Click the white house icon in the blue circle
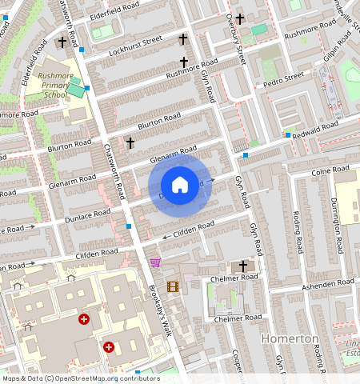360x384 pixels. pyautogui.click(x=180, y=185)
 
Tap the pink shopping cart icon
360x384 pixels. pyautogui.click(x=155, y=262)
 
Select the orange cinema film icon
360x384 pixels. pyautogui.click(x=173, y=286)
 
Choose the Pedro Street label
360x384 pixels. pyautogui.click(x=284, y=78)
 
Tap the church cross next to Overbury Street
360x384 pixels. pyautogui.click(x=239, y=18)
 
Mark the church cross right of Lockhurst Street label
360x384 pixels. pyautogui.click(x=182, y=38)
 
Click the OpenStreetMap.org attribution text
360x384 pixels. pyautogui.click(x=103, y=378)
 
